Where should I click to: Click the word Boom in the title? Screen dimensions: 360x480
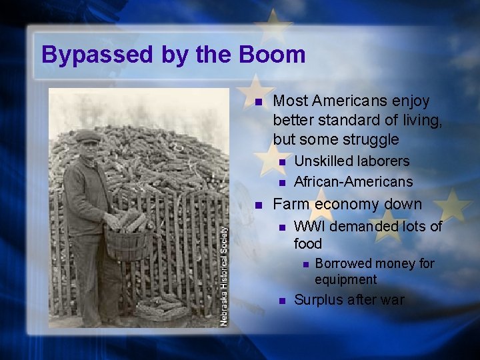(x=274, y=54)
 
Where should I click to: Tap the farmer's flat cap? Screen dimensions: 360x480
(x=88, y=136)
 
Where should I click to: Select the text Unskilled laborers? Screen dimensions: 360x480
(x=351, y=161)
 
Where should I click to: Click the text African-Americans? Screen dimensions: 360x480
(x=353, y=182)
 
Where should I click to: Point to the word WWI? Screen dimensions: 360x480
(x=309, y=227)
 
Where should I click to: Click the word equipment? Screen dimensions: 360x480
(x=345, y=279)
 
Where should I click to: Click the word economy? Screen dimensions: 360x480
(x=347, y=204)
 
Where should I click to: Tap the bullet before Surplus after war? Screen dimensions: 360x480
(x=281, y=301)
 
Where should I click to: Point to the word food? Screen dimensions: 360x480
(x=308, y=244)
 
